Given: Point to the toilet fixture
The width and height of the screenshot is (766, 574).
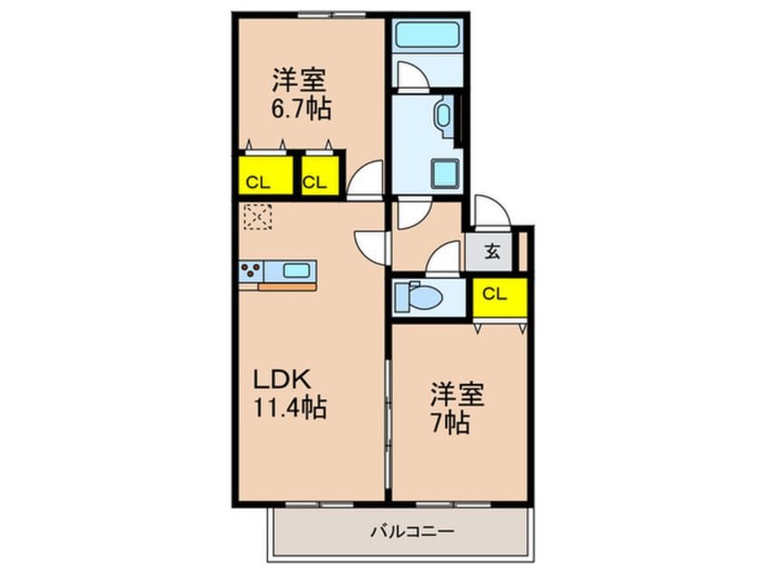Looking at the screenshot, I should pyautogui.click(x=420, y=295).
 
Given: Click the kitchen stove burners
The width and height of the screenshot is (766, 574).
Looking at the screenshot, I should pyautogui.click(x=253, y=270).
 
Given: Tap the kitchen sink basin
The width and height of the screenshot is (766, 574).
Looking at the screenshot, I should pyautogui.click(x=296, y=270).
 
